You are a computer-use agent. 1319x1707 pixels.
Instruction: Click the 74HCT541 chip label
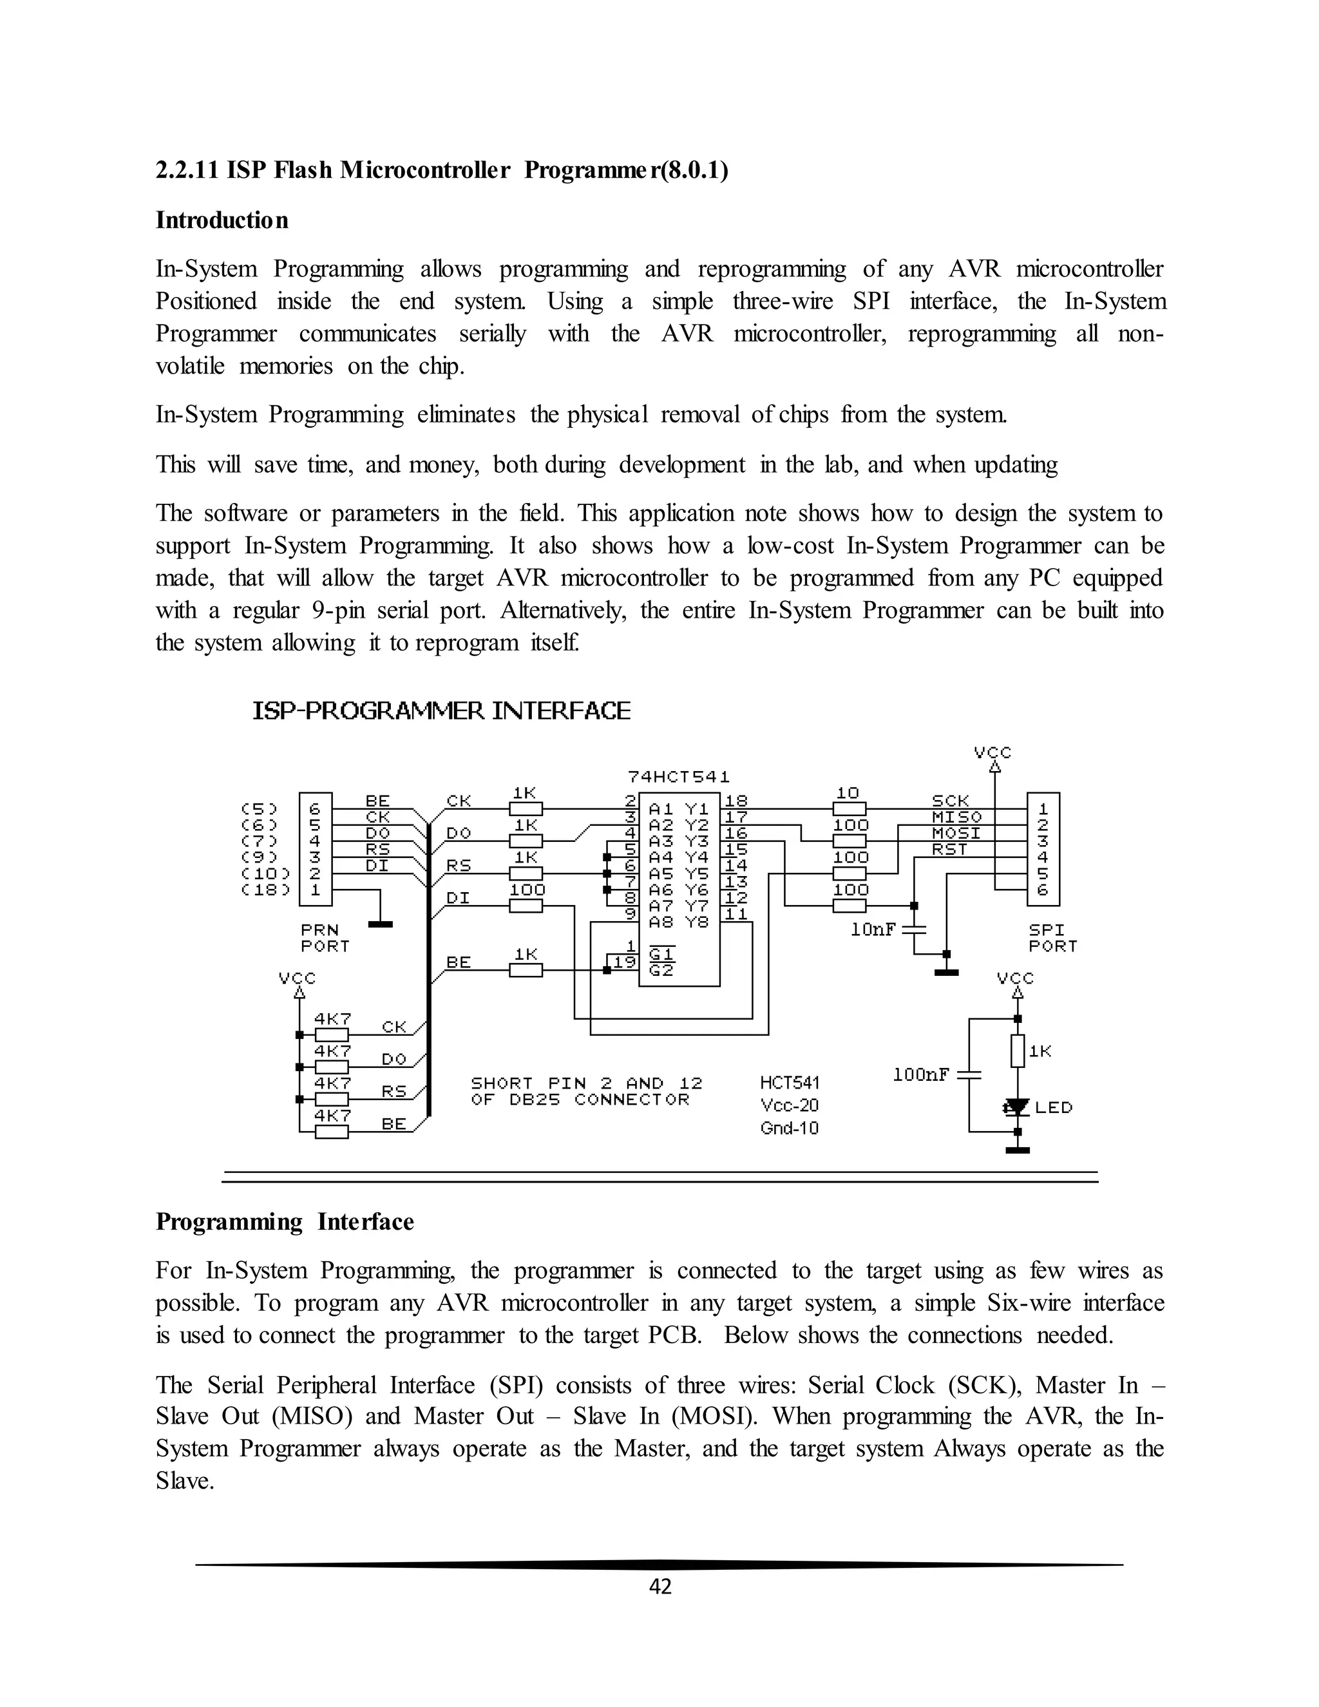[x=678, y=777]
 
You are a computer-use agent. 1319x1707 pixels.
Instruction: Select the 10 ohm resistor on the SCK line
[x=849, y=809]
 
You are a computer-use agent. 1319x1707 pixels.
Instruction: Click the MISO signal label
[x=949, y=817]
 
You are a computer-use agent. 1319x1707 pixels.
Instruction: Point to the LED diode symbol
[x=1016, y=1107]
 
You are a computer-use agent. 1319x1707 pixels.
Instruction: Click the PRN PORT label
[x=325, y=938]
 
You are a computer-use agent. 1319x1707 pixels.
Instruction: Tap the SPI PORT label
[x=1052, y=938]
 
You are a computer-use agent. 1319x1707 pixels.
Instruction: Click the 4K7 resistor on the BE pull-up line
[x=331, y=1131]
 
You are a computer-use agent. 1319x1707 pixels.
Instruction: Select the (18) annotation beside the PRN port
[x=266, y=890]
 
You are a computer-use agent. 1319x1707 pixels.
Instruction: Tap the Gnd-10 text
[x=789, y=1128]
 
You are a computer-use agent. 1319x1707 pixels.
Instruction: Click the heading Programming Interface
[x=285, y=1221]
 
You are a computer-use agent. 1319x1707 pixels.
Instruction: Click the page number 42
[x=660, y=1586]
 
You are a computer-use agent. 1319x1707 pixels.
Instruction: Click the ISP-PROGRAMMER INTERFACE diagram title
[x=441, y=711]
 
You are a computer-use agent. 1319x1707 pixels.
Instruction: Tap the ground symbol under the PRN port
[x=380, y=924]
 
